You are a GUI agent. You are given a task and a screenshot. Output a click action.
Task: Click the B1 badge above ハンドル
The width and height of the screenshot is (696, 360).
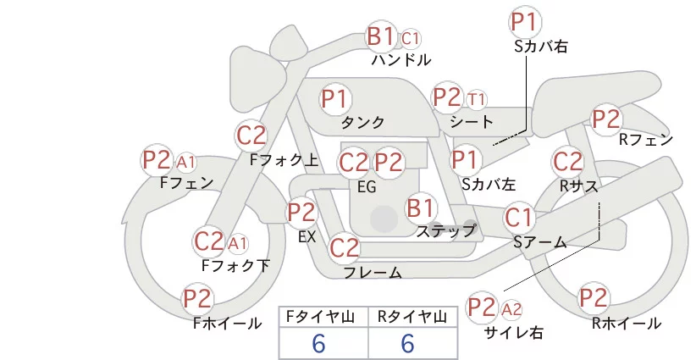380,36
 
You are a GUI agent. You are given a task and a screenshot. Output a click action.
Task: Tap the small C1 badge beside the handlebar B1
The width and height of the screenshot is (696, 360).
411,38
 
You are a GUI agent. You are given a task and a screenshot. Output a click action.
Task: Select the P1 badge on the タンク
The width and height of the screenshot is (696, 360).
334,98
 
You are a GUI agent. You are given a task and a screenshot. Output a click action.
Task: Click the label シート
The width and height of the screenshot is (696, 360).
471,121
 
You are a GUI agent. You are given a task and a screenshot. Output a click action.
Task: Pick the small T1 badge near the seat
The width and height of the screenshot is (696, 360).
477,99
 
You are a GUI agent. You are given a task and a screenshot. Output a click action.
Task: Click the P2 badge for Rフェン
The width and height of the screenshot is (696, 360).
605,119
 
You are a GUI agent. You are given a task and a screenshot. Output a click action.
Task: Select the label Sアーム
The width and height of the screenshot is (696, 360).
539,242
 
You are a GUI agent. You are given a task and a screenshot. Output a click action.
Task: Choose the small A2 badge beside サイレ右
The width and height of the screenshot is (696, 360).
512,307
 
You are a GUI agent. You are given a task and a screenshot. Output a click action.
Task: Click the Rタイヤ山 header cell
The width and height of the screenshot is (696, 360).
411,318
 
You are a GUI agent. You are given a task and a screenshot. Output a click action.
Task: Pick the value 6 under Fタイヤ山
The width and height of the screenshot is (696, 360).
318,343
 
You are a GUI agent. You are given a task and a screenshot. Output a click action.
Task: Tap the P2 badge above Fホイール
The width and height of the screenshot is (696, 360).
198,298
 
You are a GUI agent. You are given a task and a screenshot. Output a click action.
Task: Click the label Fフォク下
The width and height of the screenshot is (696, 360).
235,266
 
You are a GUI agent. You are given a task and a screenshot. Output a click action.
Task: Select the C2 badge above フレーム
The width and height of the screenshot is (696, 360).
344,248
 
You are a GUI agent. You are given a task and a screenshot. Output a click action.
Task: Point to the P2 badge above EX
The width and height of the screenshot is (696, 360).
301,212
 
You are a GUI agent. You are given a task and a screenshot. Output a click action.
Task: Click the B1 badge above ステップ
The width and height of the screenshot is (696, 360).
421,207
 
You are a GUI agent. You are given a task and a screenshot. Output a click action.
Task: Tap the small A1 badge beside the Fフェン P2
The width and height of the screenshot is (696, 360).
186,161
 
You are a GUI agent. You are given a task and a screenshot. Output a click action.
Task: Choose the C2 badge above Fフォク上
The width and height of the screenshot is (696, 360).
251,135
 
